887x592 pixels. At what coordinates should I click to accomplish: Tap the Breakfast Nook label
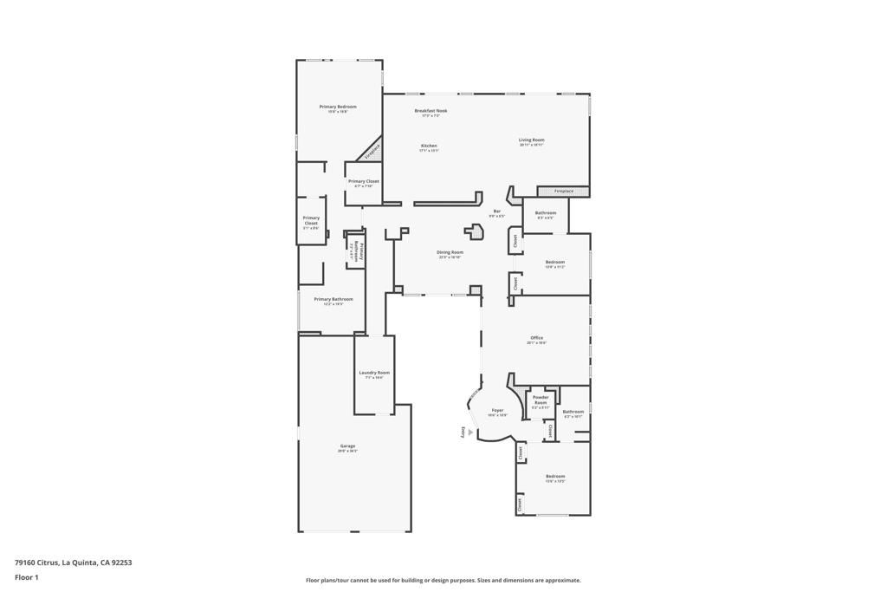point(431,111)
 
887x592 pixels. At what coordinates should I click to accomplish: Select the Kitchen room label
point(429,146)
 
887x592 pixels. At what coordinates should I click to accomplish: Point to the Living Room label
point(531,140)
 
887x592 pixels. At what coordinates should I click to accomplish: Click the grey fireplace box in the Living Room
point(563,191)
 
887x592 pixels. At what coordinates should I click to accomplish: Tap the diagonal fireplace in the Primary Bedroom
point(371,151)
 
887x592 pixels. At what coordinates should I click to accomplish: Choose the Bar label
point(497,211)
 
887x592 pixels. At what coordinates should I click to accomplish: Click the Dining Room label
point(450,252)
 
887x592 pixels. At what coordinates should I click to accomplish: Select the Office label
point(536,338)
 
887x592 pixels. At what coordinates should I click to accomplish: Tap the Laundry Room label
point(374,373)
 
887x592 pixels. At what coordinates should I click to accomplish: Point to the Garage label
point(347,446)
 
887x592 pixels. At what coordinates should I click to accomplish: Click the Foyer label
point(497,411)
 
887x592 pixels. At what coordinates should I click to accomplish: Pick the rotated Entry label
point(463,433)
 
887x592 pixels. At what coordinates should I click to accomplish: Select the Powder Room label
point(541,400)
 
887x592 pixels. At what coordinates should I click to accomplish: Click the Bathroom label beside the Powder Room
point(573,412)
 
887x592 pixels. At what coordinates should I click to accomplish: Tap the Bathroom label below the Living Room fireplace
point(546,213)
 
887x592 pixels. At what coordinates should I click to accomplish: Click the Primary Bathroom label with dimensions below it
point(333,299)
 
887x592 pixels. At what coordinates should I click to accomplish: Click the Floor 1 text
point(27,576)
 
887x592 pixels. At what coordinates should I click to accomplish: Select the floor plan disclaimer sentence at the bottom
point(443,581)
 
